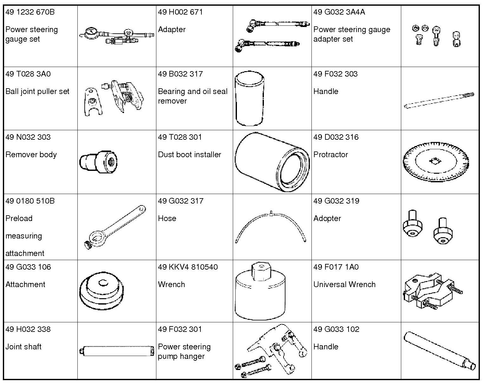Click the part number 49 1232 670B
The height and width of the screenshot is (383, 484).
tap(30, 12)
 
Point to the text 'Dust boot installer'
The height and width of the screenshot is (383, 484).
tap(189, 155)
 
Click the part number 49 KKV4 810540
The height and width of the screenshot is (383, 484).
tap(188, 267)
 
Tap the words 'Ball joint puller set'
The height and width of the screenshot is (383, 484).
tap(37, 91)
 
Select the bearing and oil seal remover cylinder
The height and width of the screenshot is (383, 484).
tap(249, 98)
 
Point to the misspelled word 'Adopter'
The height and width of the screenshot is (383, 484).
tap(327, 218)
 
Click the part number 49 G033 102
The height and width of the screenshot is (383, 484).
tap(336, 329)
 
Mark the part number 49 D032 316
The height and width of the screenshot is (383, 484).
tap(336, 137)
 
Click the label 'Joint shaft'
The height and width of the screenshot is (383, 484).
tap(23, 347)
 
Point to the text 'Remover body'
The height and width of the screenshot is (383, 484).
tap(31, 155)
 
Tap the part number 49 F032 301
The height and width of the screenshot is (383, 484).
tap(180, 329)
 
